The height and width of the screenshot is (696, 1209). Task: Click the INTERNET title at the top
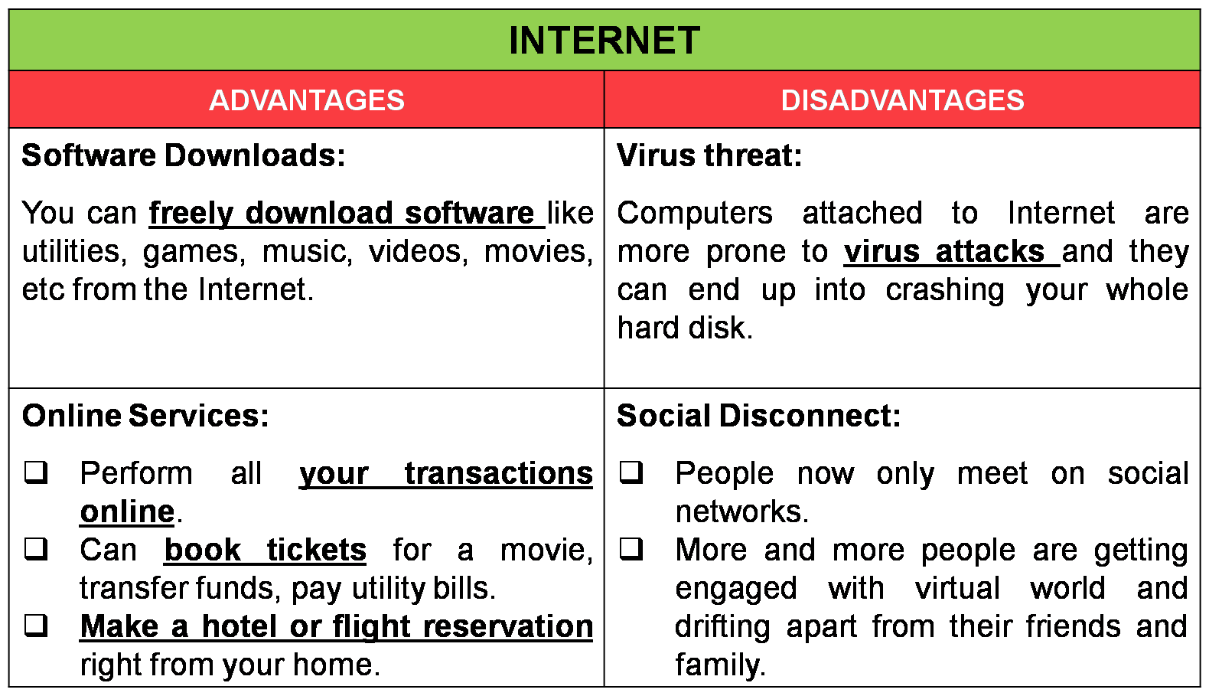click(604, 41)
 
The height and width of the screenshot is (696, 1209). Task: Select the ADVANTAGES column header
click(307, 100)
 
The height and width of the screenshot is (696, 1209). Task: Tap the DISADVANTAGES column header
click(902, 100)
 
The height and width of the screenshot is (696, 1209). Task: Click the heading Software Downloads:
click(184, 155)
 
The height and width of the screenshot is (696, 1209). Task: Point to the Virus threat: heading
click(709, 155)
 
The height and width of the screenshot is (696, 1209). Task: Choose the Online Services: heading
click(145, 416)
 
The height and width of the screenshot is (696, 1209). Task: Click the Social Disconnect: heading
click(758, 416)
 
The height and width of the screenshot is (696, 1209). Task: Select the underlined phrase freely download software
click(342, 213)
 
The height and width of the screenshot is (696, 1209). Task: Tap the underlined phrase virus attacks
click(944, 251)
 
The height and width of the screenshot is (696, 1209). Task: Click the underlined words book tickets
click(266, 550)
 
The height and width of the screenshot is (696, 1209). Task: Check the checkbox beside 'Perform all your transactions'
click(36, 472)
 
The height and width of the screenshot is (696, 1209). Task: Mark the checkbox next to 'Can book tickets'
click(36, 549)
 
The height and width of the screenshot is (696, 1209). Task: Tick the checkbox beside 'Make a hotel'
click(36, 626)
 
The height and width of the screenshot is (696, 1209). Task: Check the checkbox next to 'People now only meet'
click(631, 472)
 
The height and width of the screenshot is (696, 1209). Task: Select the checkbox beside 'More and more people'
click(631, 549)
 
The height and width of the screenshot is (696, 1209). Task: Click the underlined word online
click(127, 511)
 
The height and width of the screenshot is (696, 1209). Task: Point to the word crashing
click(945, 290)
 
